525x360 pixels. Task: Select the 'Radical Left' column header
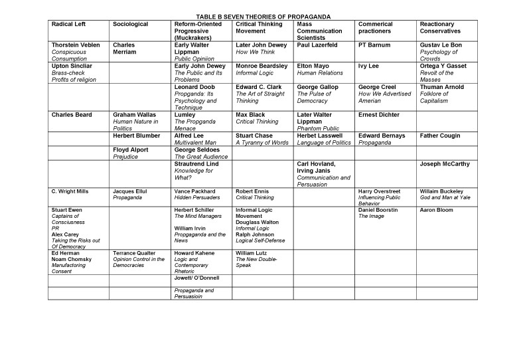pos(69,24)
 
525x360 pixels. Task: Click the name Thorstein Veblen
pos(74,45)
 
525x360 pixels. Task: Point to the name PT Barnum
pos(372,45)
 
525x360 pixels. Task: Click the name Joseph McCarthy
pos(445,164)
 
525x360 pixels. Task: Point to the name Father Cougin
pos(439,135)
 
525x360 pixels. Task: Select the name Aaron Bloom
pos(435,210)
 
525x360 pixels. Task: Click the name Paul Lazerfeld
pos(317,45)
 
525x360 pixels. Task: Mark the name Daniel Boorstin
pos(378,210)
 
